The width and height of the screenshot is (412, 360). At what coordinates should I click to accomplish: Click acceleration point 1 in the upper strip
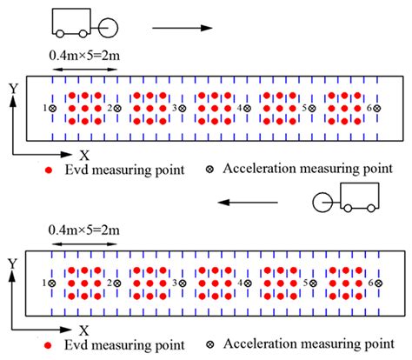[53, 108]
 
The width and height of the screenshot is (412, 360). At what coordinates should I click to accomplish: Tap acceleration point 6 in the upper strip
[379, 108]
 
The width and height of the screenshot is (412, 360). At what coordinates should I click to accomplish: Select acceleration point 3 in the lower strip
[182, 283]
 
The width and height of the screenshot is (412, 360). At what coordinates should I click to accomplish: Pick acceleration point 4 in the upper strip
[248, 108]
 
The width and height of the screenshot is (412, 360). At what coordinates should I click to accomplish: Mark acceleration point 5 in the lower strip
[314, 283]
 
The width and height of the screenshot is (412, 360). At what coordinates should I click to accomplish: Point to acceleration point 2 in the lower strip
[117, 283]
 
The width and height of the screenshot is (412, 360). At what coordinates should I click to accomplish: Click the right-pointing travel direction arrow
[181, 28]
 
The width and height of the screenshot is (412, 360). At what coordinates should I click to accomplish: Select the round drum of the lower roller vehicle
[322, 202]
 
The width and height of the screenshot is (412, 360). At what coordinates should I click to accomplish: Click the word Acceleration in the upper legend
[261, 170]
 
